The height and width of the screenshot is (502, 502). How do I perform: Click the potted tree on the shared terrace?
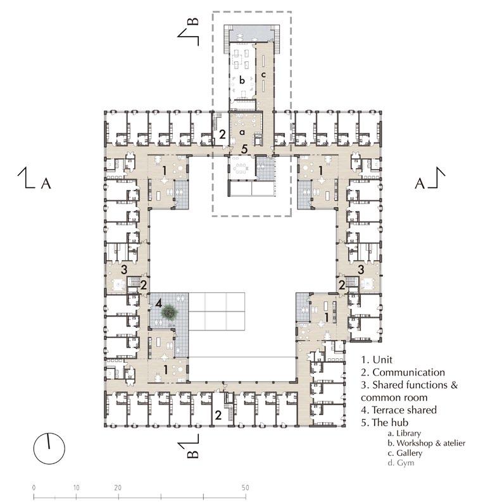(170, 311)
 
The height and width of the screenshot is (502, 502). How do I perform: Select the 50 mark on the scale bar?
(245, 487)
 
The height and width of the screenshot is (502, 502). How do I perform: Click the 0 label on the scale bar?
(34, 487)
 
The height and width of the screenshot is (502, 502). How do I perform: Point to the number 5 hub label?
(244, 149)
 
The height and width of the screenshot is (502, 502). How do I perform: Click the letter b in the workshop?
(242, 80)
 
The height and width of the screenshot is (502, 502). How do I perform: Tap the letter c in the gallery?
(263, 75)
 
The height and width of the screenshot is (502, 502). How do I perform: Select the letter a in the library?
(242, 132)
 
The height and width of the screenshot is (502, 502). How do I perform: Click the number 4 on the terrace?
(159, 303)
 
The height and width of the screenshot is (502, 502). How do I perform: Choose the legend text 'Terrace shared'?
(405, 410)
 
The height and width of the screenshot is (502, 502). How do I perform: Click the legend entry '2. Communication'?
(403, 372)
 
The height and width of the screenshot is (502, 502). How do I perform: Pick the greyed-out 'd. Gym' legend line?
(401, 463)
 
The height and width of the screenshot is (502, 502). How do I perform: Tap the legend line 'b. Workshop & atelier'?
(427, 443)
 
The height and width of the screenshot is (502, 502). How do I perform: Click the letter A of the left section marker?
(46, 184)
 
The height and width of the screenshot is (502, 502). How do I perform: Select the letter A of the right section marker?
(420, 184)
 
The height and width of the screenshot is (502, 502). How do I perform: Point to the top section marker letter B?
(192, 22)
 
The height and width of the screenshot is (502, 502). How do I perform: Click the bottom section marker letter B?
(192, 454)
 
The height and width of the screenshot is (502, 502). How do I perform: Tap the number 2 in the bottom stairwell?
(218, 415)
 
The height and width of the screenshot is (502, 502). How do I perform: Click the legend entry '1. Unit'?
(377, 360)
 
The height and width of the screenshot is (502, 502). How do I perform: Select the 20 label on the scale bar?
(118, 487)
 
